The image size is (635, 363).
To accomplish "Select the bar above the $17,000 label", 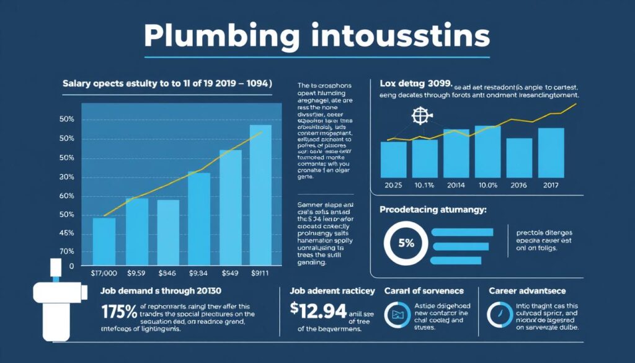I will tap(104, 241).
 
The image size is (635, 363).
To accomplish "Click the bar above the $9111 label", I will tap(260, 195).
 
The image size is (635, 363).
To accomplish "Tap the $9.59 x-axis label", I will tap(136, 272).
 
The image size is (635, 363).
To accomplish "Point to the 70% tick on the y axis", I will tap(67, 252).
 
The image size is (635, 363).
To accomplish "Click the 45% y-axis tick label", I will tap(67, 233).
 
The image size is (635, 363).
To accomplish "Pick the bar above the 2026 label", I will tap(519, 158).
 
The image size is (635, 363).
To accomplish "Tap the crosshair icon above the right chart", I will tap(420, 117).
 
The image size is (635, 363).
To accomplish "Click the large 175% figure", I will tap(119, 311).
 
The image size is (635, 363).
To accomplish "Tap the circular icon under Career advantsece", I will tap(500, 315).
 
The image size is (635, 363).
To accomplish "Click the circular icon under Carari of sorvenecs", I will tap(396, 315).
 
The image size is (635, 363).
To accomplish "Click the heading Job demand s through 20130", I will tap(161, 290).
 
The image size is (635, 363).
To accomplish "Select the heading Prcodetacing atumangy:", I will tap(432, 210).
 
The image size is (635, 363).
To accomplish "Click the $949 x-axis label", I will tap(230, 272).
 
